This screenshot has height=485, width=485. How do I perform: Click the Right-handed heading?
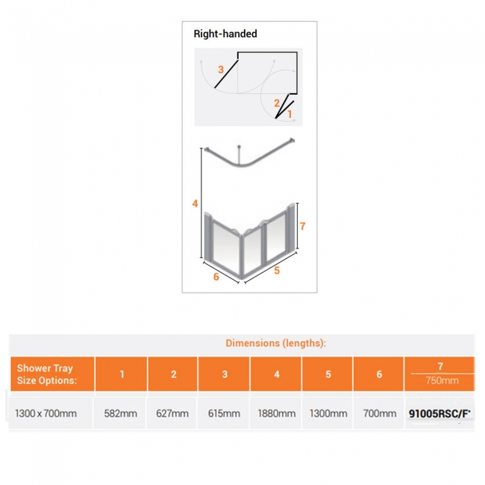click(x=225, y=34)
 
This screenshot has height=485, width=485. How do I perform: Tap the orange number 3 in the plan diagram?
click(x=221, y=69)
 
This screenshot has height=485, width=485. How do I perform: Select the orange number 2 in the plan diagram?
click(x=277, y=103)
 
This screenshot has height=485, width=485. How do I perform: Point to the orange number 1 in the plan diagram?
click(x=290, y=114)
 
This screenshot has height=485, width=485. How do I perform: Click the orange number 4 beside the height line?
click(x=195, y=204)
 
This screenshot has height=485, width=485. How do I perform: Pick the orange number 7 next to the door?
click(x=302, y=226)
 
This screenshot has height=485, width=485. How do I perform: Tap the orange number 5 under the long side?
click(x=277, y=270)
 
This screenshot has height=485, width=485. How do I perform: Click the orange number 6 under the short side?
click(x=216, y=277)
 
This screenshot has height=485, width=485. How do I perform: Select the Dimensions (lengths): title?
click(x=275, y=343)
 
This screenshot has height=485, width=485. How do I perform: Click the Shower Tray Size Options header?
click(x=47, y=375)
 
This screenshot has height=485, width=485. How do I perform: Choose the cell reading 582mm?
click(x=121, y=413)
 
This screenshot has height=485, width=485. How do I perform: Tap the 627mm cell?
click(x=172, y=413)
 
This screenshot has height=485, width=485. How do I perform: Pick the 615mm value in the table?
click(x=224, y=413)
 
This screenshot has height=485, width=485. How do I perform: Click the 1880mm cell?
click(x=277, y=413)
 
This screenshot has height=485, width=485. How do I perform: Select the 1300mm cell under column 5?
click(x=328, y=413)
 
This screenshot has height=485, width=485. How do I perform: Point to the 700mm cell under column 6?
click(x=380, y=413)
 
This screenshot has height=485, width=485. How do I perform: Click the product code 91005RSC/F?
click(x=439, y=413)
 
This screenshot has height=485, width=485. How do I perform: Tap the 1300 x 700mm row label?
click(x=46, y=413)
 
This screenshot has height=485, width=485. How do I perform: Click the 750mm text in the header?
click(x=442, y=380)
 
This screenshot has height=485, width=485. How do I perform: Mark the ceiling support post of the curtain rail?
click(x=239, y=155)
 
